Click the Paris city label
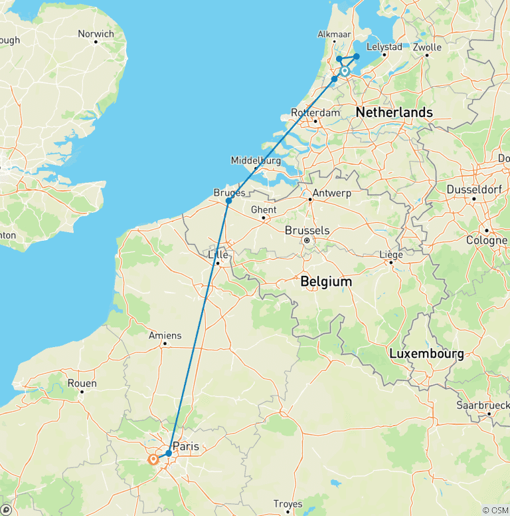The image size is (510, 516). (185, 446)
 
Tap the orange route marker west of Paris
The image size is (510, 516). (154, 459)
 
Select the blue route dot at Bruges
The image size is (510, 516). (228, 201)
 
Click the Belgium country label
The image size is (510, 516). (325, 282)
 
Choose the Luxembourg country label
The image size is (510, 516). (426, 354)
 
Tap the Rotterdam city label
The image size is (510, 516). (315, 112)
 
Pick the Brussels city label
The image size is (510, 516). (307, 230)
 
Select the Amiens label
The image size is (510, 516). (165, 336)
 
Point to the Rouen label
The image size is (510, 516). (82, 383)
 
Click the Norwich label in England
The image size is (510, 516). (96, 34)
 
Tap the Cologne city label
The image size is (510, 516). (486, 240)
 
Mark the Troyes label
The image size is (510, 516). (288, 504)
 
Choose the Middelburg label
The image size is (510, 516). (255, 160)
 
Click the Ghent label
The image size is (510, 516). (264, 209)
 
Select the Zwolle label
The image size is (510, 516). (426, 47)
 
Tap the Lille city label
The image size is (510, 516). (218, 255)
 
